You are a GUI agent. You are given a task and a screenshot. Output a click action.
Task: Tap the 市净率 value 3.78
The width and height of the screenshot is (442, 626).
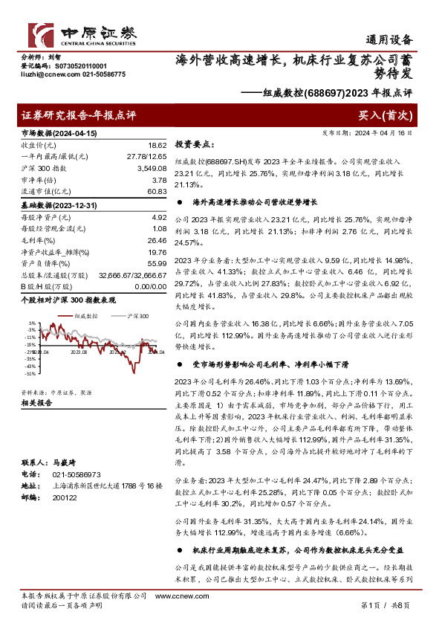tap(158, 180)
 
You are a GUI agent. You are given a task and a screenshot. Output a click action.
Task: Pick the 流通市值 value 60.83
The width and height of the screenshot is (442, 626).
tap(157, 192)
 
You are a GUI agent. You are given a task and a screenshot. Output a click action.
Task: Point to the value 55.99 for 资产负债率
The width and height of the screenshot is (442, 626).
tap(157, 264)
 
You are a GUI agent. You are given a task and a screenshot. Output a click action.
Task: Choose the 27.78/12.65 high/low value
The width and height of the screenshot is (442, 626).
tap(146, 156)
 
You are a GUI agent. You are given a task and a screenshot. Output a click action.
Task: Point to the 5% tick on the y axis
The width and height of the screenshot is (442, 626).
tap(32, 323)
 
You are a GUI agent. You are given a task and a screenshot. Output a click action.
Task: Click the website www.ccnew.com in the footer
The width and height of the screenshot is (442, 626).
tap(176, 596)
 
